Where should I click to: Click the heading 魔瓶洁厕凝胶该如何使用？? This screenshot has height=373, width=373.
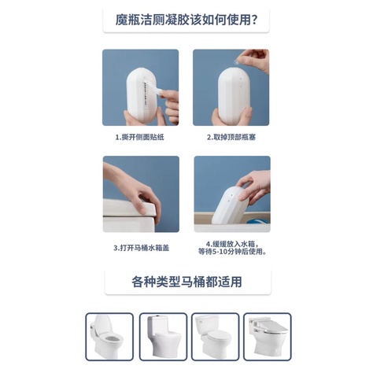pos(186,18)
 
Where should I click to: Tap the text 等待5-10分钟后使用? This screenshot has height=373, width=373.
pos(232,252)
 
